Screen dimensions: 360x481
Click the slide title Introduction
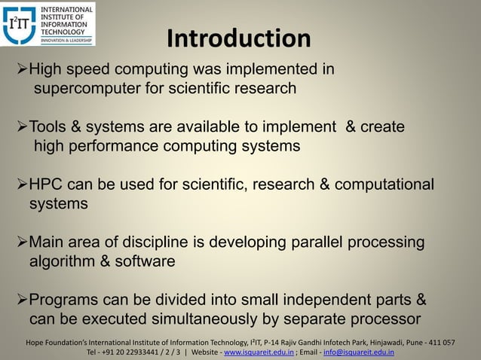(x=238, y=38)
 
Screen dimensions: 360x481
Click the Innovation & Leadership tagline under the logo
(x=66, y=40)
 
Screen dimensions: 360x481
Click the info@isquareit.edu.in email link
(x=359, y=352)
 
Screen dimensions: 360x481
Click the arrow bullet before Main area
(x=22, y=243)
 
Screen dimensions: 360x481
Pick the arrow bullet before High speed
(x=22, y=70)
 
